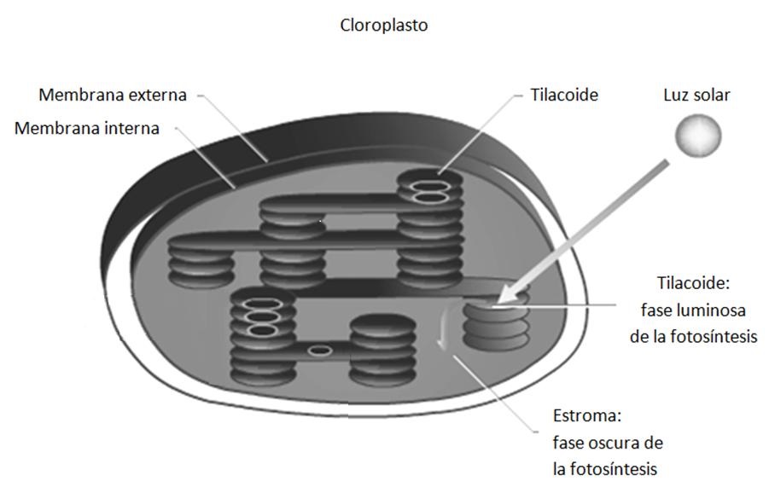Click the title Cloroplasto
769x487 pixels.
pyautogui.click(x=384, y=26)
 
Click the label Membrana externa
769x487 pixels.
pyautogui.click(x=112, y=95)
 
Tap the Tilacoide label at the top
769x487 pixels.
pyautogui.click(x=563, y=95)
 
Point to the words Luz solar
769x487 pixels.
pyautogui.click(x=696, y=95)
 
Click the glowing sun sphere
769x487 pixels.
pyautogui.click(x=698, y=136)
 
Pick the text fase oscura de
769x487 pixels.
pyautogui.click(x=607, y=444)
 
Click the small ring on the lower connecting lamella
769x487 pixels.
pyautogui.click(x=320, y=350)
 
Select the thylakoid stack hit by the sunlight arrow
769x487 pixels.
pyautogui.click(x=495, y=324)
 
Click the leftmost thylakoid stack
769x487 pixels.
pyautogui.click(x=201, y=260)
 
